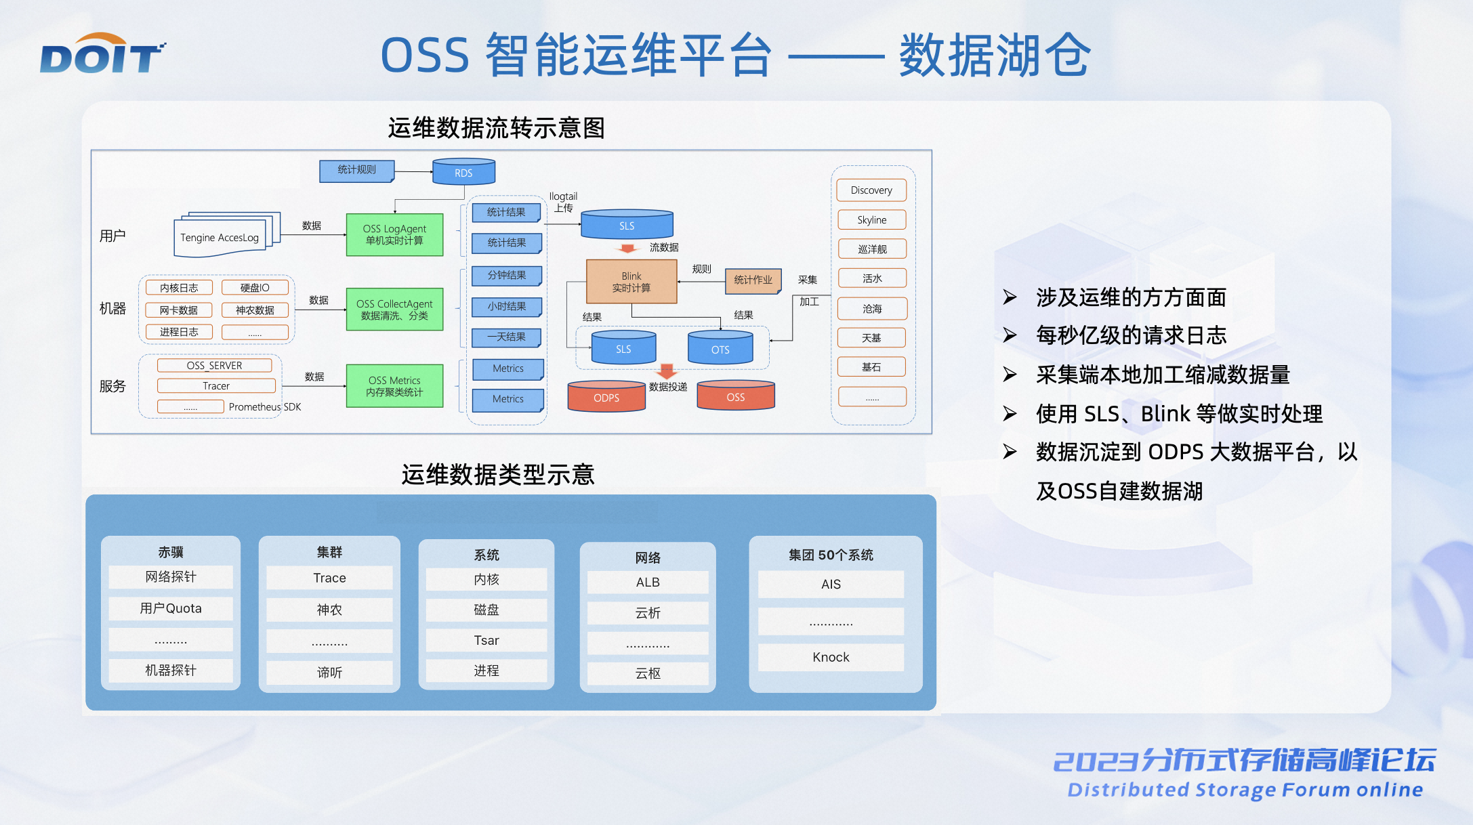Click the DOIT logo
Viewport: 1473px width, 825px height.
[x=102, y=54]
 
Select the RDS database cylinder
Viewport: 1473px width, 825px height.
[x=463, y=171]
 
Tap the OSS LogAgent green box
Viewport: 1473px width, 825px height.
[x=394, y=234]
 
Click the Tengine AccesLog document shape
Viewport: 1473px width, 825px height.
[x=220, y=238]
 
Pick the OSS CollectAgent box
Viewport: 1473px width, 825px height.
[x=394, y=310]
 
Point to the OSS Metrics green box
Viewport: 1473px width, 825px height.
[x=394, y=386]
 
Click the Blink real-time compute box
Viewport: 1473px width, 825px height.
[x=631, y=282]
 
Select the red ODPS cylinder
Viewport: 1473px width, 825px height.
[x=606, y=397]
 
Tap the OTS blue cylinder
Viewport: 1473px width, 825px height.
[x=720, y=348]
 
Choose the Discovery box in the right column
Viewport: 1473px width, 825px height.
[x=871, y=190]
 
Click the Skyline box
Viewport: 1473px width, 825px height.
[x=871, y=220]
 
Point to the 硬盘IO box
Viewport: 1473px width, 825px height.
[x=255, y=288]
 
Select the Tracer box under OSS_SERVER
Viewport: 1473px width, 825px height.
[x=216, y=386]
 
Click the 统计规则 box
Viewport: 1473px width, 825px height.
[x=356, y=170]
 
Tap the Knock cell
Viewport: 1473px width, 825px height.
[x=831, y=657]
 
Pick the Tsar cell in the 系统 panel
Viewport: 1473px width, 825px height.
[x=486, y=640]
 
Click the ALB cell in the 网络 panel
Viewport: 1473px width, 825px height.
[x=648, y=583]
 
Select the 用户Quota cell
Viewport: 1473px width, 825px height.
[x=171, y=608]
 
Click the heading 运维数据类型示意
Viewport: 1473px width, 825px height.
[x=498, y=474]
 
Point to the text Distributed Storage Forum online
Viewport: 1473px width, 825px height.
[x=1245, y=790]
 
